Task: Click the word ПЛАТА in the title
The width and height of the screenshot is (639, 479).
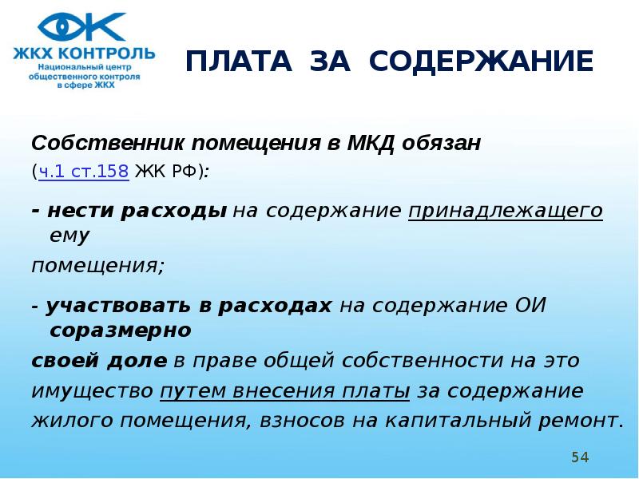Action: (239, 61)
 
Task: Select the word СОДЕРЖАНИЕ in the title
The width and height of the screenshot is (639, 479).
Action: (481, 61)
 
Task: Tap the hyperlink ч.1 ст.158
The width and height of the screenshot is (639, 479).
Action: (84, 172)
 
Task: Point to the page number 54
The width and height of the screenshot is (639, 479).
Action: (580, 457)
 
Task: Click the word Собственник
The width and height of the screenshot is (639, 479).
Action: (108, 143)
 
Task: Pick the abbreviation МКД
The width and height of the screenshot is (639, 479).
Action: (371, 144)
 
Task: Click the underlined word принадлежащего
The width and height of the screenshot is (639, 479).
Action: (506, 211)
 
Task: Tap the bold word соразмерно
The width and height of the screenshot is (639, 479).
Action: (121, 331)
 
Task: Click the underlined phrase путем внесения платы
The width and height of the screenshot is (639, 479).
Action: (285, 391)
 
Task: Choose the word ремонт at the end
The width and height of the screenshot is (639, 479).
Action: (577, 422)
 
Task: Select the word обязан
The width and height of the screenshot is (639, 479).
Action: (441, 144)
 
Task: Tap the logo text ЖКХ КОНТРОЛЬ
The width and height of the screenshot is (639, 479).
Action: (84, 53)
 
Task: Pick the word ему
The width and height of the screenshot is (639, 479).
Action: (69, 236)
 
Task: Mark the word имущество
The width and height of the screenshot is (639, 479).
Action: (92, 391)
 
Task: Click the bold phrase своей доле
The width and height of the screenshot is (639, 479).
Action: (99, 361)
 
